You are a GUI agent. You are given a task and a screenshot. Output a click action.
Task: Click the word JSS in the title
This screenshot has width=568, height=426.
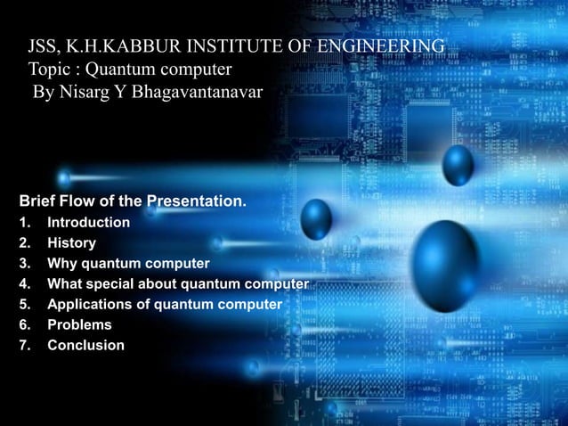point(44,46)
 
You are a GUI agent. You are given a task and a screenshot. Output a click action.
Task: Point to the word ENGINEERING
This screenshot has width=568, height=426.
point(384,46)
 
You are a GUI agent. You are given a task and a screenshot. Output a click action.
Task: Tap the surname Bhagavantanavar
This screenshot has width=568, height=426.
point(197,92)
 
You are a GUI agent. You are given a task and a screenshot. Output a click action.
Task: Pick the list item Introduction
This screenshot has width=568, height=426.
point(89,222)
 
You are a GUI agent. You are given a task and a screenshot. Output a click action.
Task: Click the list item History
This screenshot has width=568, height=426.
point(72,242)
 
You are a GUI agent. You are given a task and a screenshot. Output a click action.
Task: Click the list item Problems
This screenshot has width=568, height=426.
point(80,325)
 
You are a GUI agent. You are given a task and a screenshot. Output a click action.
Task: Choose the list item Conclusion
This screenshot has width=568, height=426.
point(86,345)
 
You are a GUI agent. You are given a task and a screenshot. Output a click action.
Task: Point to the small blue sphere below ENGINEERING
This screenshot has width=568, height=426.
point(458,165)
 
